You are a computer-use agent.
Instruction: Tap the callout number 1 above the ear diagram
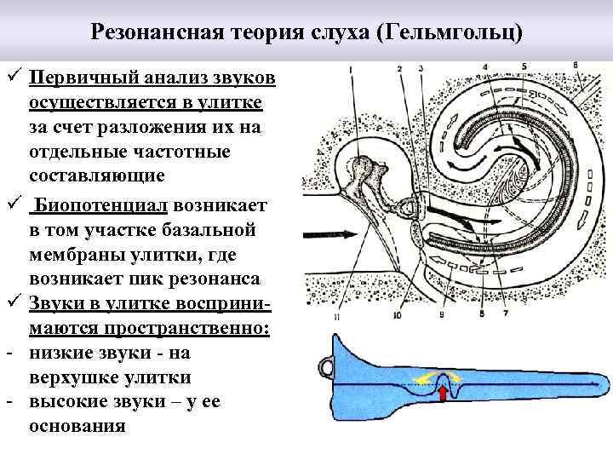coord(352,67)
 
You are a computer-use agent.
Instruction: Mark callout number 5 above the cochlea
coord(524,66)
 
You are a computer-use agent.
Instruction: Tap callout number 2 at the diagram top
coord(399,66)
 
